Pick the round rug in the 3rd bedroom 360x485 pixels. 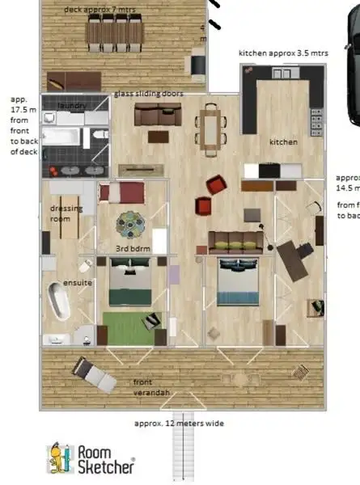pyautogui.click(x=129, y=222)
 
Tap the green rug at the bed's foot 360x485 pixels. pyautogui.click(x=125, y=326)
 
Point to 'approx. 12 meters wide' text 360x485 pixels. pyautogui.click(x=179, y=423)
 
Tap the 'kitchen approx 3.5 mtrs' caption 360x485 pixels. pyautogui.click(x=282, y=53)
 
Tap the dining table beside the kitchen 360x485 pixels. pyautogui.click(x=210, y=128)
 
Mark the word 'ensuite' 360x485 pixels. pyautogui.click(x=77, y=283)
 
